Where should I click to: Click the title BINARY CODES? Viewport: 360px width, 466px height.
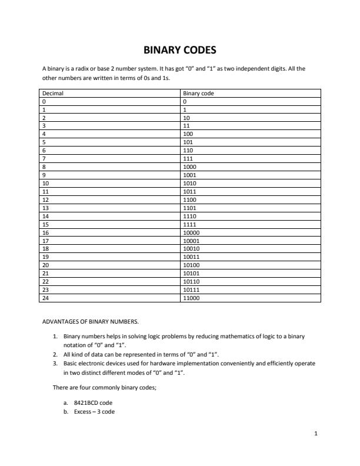click(x=180, y=50)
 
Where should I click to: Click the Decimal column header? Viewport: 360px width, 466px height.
click(x=53, y=93)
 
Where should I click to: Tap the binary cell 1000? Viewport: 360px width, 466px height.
click(x=190, y=167)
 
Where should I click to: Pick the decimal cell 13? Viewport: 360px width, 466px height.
click(x=46, y=207)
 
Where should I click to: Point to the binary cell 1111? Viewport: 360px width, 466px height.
click(x=190, y=224)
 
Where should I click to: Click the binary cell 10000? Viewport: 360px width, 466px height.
click(x=192, y=232)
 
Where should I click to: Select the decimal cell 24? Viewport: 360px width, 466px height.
click(x=46, y=298)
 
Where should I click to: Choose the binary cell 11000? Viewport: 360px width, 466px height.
click(x=192, y=298)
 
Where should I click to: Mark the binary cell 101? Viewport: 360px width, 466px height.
click(x=188, y=142)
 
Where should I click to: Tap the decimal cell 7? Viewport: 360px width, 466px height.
click(x=45, y=158)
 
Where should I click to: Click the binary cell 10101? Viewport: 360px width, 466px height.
click(x=192, y=273)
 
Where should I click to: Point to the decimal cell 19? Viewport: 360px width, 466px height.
click(x=46, y=257)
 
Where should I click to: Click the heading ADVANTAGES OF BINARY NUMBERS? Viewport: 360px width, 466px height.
click(x=91, y=322)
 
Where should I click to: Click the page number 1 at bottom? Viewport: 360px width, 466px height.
click(x=316, y=434)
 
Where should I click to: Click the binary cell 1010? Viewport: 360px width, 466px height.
click(x=190, y=183)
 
